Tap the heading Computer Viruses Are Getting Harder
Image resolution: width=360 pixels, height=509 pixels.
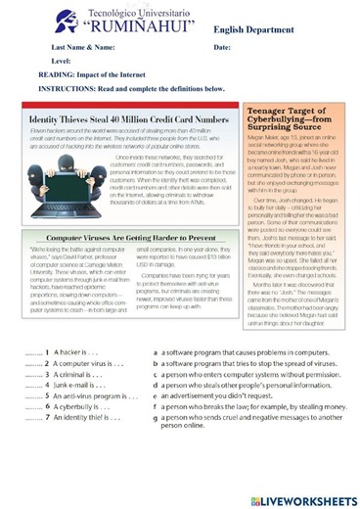pyautogui.click(x=132, y=238)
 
